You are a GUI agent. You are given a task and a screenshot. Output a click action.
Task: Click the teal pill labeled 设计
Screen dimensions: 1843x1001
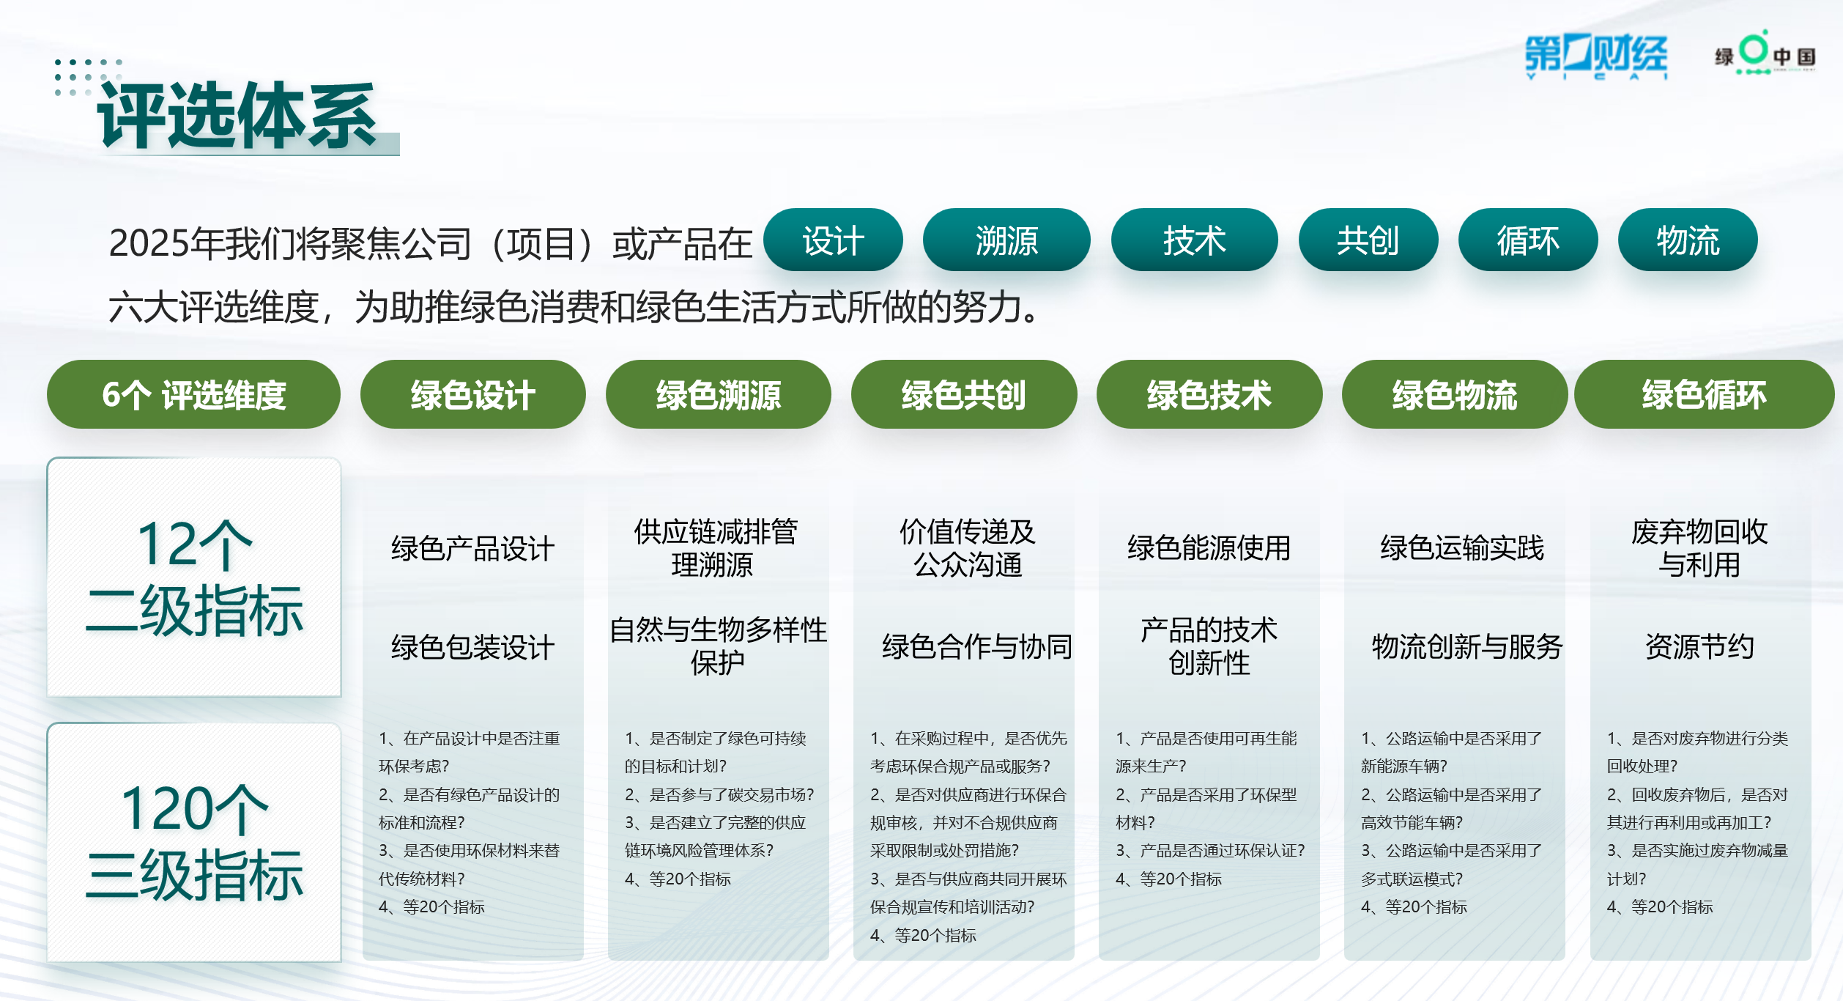[x=833, y=240]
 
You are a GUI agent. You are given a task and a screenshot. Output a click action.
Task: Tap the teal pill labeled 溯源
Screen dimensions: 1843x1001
[x=1006, y=240]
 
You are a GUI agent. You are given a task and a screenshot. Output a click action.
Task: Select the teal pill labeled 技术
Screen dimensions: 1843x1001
[x=1195, y=240]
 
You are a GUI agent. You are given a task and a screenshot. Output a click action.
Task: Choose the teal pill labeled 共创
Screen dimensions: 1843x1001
[x=1368, y=240]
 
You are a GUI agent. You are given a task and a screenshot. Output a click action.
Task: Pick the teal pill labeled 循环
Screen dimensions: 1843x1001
[x=1528, y=240]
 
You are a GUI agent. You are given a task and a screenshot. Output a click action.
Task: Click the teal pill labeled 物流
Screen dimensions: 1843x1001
[x=1688, y=240]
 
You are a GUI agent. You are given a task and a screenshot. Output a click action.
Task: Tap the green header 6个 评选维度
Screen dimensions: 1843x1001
[x=193, y=394]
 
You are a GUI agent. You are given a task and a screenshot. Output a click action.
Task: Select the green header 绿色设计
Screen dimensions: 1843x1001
[x=473, y=394]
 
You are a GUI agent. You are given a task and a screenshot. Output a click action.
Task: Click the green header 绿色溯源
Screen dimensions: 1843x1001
[x=719, y=394]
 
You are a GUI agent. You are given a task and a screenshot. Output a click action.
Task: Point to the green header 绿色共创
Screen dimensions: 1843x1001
[x=964, y=394]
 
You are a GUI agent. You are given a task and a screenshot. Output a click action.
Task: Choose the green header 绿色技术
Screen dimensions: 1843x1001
[x=1209, y=394]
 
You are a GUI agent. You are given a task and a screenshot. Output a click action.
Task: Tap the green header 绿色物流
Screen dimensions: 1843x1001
[x=1455, y=394]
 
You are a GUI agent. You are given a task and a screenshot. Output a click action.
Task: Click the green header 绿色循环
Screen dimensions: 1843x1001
[x=1705, y=394]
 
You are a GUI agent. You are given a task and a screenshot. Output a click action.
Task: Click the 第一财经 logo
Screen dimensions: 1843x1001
[x=1596, y=56]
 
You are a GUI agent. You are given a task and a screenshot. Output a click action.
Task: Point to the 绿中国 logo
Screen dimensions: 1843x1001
[x=1765, y=53]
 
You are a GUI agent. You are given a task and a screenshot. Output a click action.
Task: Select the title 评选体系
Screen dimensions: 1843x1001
[x=237, y=116]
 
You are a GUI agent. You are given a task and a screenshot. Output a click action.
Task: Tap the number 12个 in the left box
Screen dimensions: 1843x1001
[x=195, y=544]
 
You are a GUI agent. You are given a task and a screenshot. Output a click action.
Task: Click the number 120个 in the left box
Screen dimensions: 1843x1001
[x=195, y=808]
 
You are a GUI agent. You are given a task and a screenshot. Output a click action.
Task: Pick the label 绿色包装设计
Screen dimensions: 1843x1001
[x=473, y=647]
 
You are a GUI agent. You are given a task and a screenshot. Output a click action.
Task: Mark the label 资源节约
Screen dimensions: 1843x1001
[x=1699, y=646]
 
